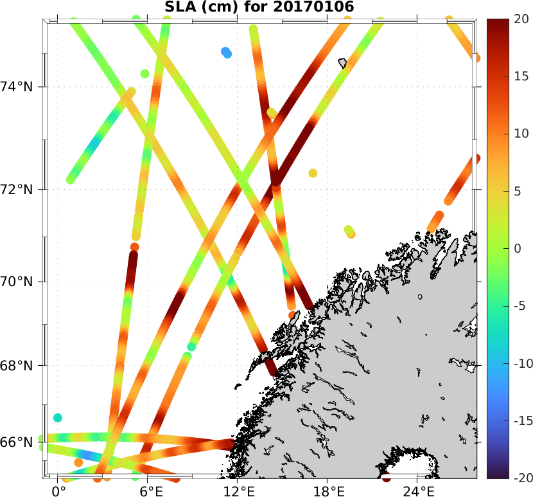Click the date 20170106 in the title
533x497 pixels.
tap(316, 6)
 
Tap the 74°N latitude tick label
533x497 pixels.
tap(19, 87)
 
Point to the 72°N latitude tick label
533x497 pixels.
tap(19, 190)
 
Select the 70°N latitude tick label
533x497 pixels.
tap(19, 282)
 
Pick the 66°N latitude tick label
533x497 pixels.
tap(19, 443)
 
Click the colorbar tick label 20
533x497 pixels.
tap(521, 19)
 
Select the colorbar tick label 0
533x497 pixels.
tap(518, 249)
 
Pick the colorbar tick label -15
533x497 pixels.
tap(519, 421)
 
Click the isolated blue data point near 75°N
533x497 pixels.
tap(226, 52)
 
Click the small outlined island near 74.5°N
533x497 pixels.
tap(342, 63)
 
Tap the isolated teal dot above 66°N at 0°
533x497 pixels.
tap(58, 418)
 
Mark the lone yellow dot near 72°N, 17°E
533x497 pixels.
tap(313, 173)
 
